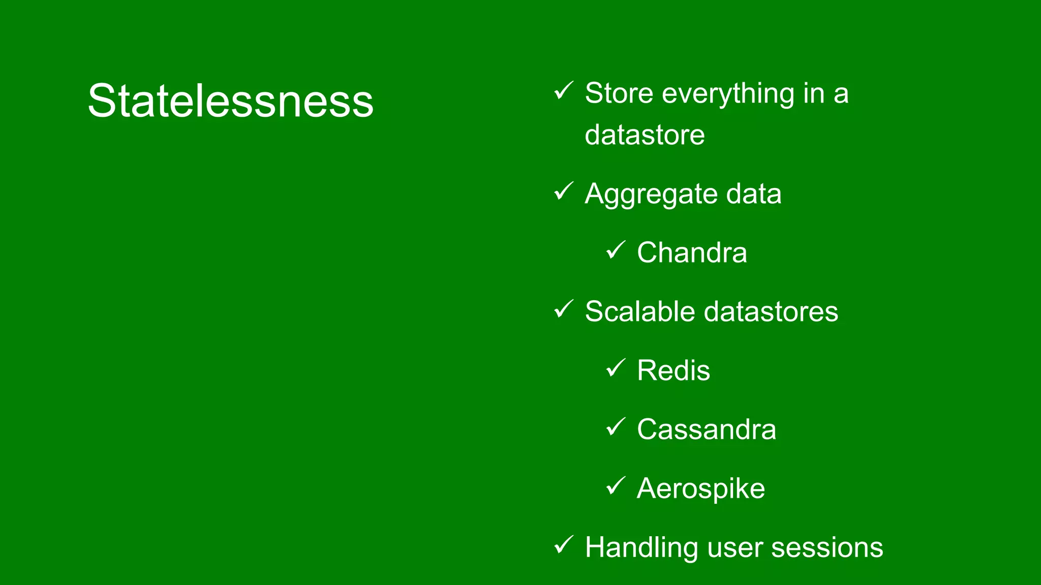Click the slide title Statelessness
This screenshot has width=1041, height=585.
pyautogui.click(x=230, y=101)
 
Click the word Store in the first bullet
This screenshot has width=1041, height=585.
pyautogui.click(x=619, y=93)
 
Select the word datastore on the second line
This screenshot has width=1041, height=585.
pyautogui.click(x=645, y=135)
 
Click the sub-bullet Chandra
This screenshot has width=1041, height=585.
pyautogui.click(x=692, y=253)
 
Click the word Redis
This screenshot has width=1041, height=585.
pyautogui.click(x=673, y=370)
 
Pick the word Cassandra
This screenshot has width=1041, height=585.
pyautogui.click(x=706, y=430)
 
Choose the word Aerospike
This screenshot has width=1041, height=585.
pyautogui.click(x=700, y=489)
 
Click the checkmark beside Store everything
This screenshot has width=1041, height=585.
pyautogui.click(x=563, y=91)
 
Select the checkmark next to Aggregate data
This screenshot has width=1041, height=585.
pyautogui.click(x=563, y=191)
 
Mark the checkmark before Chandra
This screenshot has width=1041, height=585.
pyautogui.click(x=616, y=250)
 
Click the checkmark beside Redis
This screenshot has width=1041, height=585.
pyautogui.click(x=616, y=368)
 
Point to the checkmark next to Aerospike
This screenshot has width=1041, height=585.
pyautogui.click(x=616, y=485)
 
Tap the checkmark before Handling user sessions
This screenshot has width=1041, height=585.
pyautogui.click(x=563, y=545)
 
